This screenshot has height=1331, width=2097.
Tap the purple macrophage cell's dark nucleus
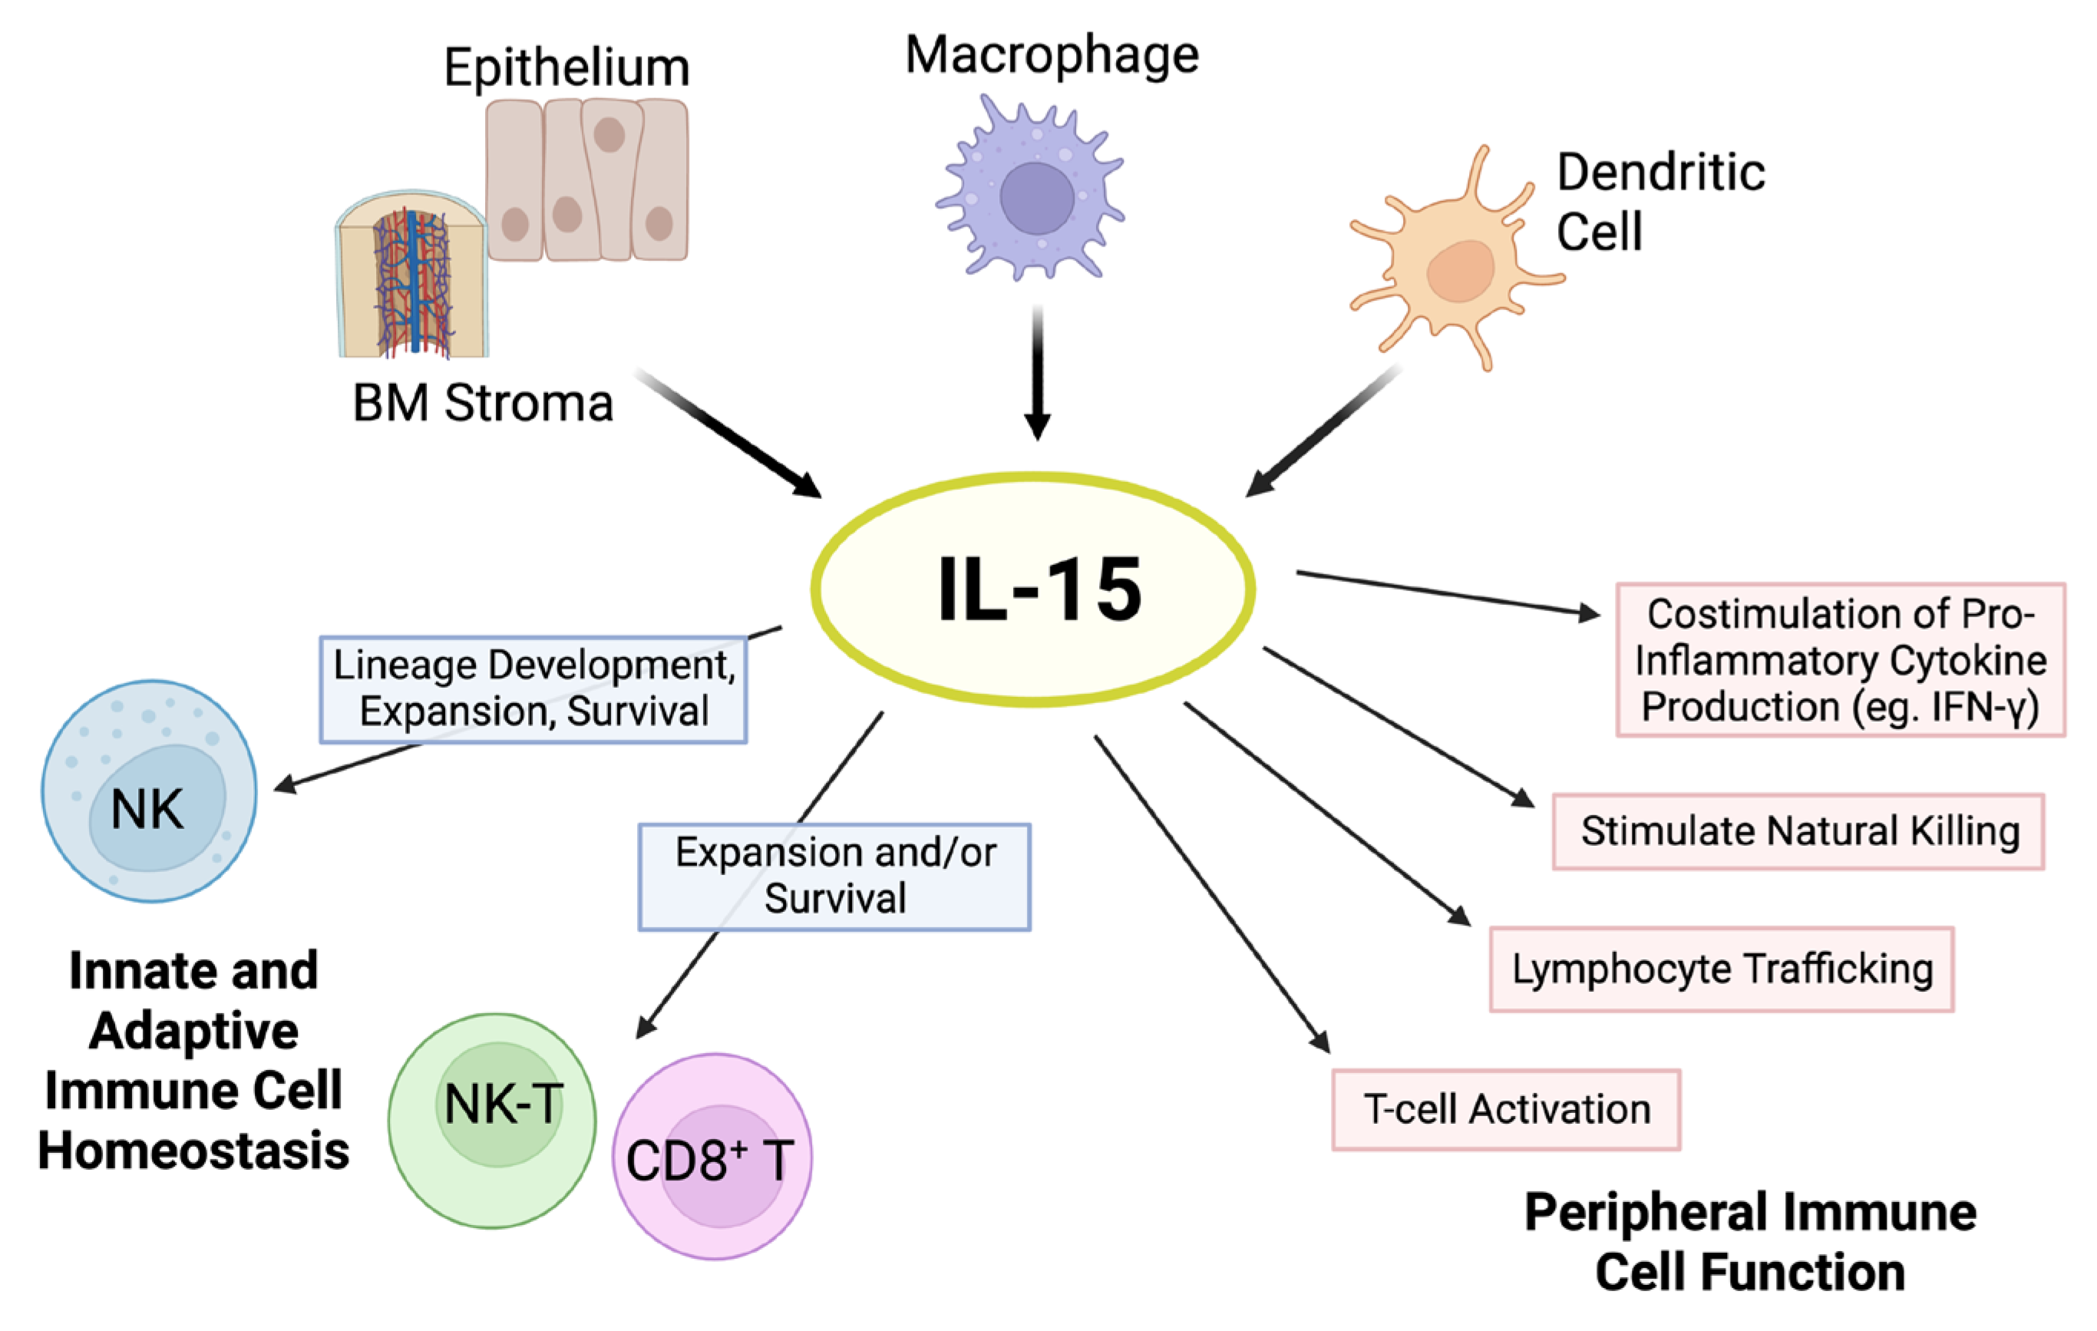tap(1036, 198)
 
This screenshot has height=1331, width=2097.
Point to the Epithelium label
tap(566, 68)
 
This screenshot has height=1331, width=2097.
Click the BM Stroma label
tap(483, 403)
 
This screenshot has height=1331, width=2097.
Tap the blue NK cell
tap(149, 791)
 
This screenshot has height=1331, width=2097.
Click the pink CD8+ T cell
tap(712, 1157)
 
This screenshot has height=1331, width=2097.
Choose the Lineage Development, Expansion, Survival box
tap(533, 689)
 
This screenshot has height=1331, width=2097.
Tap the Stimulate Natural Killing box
tap(1798, 831)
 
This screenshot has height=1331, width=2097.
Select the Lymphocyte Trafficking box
tap(1722, 969)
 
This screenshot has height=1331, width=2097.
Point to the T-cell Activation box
tap(1506, 1110)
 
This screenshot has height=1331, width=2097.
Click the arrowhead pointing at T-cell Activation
tap(1320, 1042)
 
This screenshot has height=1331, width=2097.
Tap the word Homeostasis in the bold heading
tap(193, 1151)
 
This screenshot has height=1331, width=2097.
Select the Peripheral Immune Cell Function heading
tap(1750, 1242)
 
